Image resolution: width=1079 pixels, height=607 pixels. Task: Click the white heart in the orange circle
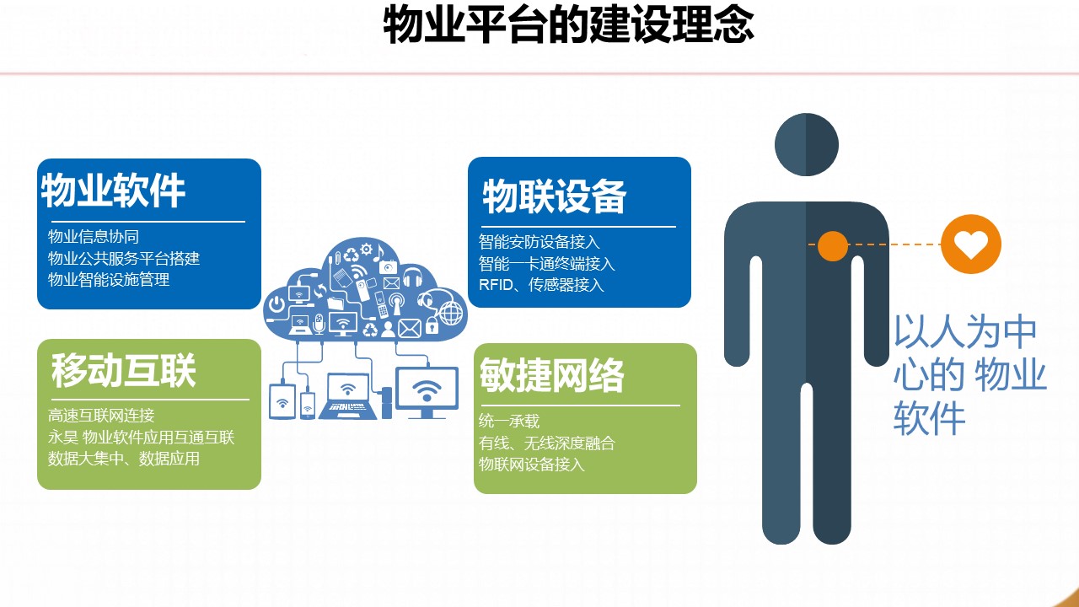point(970,244)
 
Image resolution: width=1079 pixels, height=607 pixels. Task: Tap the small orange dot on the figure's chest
point(832,245)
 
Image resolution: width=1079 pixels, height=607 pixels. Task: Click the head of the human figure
point(807,144)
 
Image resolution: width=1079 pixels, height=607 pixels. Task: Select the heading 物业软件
point(113,191)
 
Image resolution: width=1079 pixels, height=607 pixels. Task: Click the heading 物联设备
point(555,196)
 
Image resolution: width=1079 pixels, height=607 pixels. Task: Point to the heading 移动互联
point(124,370)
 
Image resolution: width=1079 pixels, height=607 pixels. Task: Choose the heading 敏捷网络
point(552,375)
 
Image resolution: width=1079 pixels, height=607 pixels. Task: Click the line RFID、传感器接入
point(541,285)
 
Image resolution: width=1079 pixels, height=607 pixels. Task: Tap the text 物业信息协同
point(94,237)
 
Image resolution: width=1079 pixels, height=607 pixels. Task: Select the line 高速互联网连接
point(101,416)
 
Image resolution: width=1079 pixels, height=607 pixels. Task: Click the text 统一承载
point(509,421)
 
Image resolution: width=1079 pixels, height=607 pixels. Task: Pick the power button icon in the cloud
point(276,304)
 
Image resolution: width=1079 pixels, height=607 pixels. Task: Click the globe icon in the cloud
point(451,313)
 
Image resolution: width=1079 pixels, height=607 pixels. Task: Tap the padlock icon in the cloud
point(432,325)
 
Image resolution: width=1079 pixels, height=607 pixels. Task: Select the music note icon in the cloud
point(378,252)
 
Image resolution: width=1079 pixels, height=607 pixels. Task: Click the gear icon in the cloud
point(366,249)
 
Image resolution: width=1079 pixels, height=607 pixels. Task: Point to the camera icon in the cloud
point(388,266)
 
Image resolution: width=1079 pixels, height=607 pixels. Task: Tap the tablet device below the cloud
point(282,401)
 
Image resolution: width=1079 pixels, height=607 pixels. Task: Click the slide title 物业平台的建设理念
point(568,25)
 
